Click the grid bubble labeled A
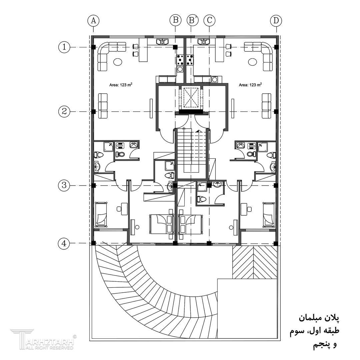click(93, 20)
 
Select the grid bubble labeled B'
click(193, 20)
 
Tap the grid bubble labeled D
click(276, 20)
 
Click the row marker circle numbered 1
click(64, 47)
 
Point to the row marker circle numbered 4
click(64, 243)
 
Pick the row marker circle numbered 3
click(64, 185)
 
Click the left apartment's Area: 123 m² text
click(121, 85)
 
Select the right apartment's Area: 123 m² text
click(250, 85)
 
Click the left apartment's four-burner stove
click(180, 60)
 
